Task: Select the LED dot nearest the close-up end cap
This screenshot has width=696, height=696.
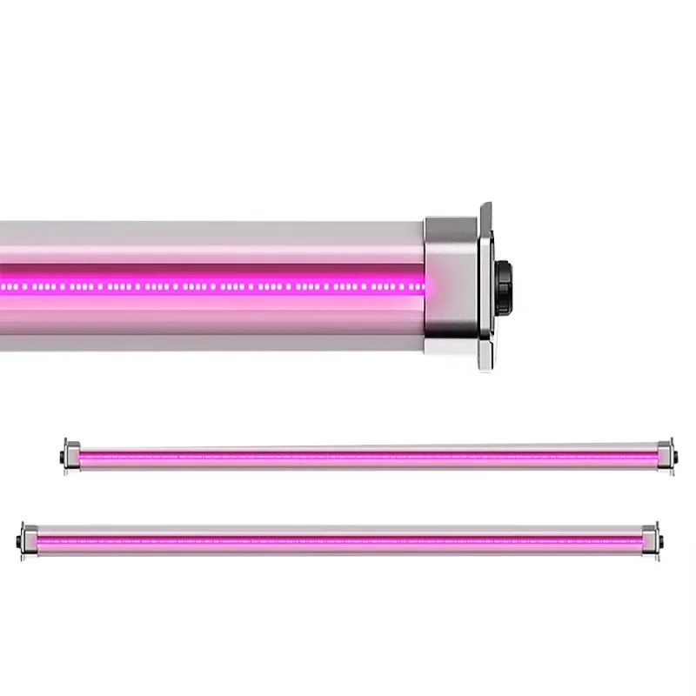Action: point(422,285)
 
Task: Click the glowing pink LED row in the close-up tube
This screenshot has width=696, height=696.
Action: point(217,285)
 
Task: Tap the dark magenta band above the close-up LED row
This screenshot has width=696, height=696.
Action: point(217,271)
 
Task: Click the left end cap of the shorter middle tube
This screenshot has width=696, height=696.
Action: point(72,456)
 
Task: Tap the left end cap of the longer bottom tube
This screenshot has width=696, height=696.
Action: point(29,540)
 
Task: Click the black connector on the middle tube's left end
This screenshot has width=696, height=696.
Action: point(63,457)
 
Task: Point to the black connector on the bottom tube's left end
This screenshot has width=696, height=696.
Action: point(19,541)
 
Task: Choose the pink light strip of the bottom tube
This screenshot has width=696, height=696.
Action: point(339,540)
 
